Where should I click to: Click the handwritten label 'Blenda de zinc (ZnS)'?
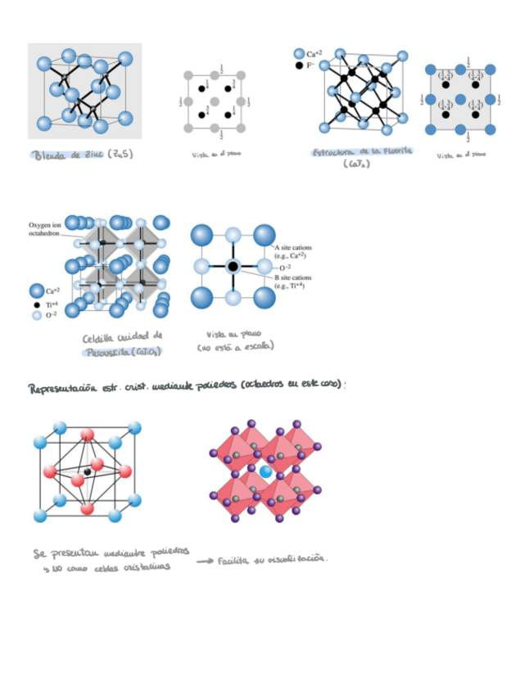[x=82, y=155]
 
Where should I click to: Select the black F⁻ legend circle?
[x=300, y=65]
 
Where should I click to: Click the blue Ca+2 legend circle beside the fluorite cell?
[x=299, y=53]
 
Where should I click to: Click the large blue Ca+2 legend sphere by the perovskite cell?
[x=37, y=291]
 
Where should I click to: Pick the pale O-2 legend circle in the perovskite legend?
[x=37, y=315]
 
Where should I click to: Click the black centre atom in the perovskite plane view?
[x=233, y=267]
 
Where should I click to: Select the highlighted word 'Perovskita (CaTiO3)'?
[x=122, y=350]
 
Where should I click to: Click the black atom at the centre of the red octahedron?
[x=87, y=471]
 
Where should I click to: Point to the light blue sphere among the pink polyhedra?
[x=265, y=472]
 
